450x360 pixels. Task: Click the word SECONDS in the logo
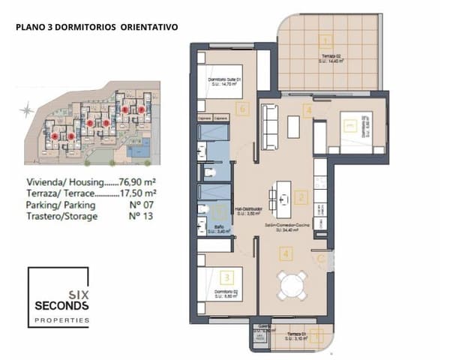[x=61, y=306]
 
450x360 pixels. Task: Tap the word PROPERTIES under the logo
[x=61, y=321]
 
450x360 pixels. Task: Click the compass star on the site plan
[x=27, y=110]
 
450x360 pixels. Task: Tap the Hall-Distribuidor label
[x=248, y=210]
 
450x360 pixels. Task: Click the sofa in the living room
[x=269, y=121]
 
